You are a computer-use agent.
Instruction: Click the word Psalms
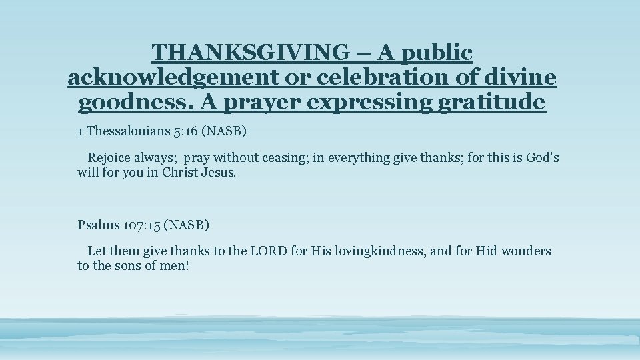click(98, 225)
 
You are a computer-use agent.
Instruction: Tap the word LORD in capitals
click(269, 251)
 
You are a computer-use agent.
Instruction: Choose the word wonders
click(526, 251)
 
